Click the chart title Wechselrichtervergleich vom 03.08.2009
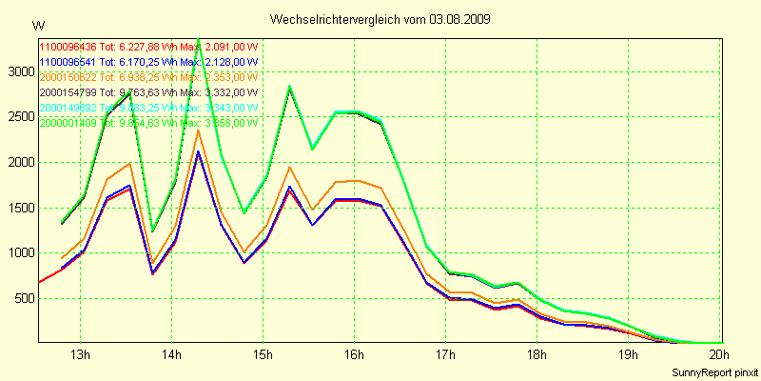point(380,19)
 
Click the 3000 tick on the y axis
point(19,71)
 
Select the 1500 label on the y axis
point(19,208)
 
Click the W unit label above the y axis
point(38,25)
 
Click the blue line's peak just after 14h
point(198,152)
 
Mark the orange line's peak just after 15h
point(289,168)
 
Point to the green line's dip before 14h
point(153,231)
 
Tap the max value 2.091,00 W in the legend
point(232,46)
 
